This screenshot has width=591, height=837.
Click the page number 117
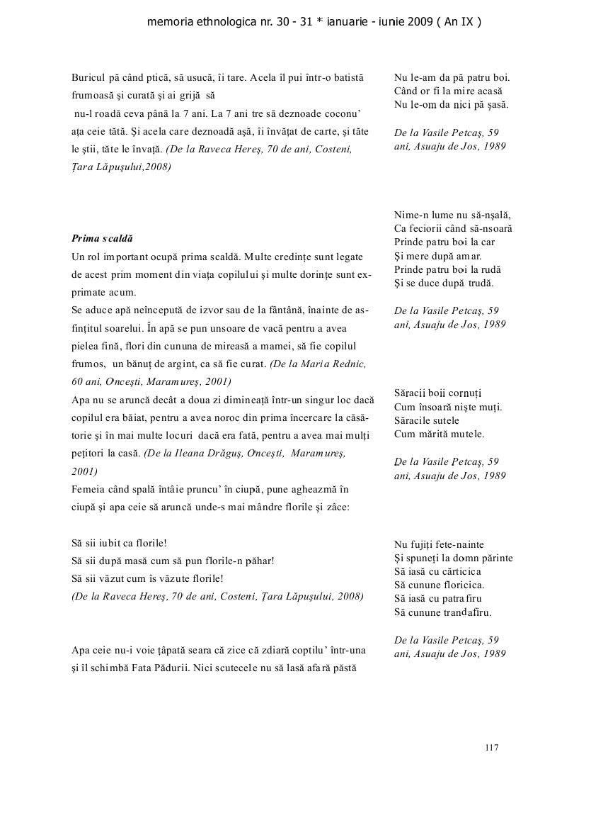(x=493, y=747)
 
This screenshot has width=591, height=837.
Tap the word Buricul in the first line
(x=87, y=77)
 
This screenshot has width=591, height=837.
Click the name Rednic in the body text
(x=350, y=364)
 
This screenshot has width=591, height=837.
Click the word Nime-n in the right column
(x=410, y=215)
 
